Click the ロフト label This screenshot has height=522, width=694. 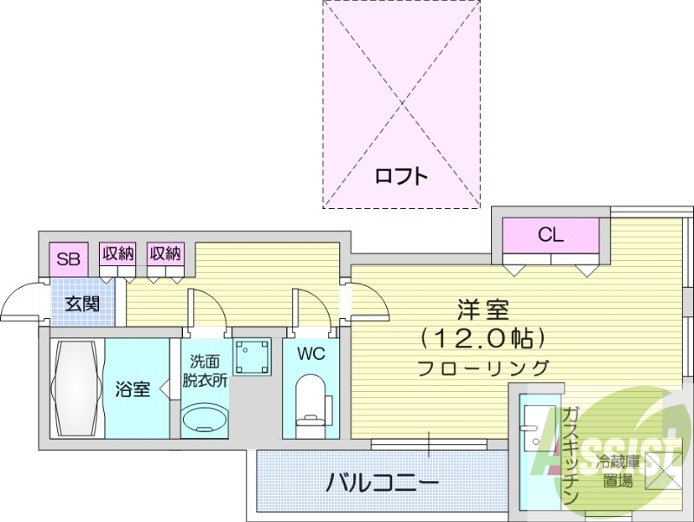click(402, 176)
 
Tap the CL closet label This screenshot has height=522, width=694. click(550, 234)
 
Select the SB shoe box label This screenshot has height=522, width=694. click(68, 258)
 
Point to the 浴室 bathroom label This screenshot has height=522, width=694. click(133, 388)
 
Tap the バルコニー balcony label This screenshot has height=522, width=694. click(382, 482)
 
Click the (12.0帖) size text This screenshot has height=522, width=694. click(481, 336)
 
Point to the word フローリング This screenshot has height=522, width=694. click(482, 367)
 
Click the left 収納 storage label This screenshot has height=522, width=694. click(117, 254)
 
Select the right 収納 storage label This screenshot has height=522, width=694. click(165, 254)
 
